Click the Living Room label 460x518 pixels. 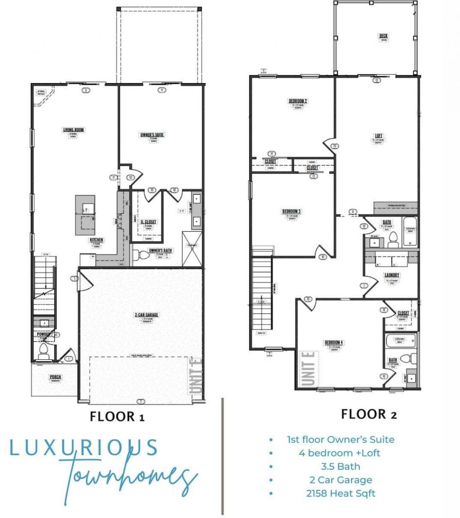click(x=73, y=130)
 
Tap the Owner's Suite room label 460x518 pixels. click(x=152, y=134)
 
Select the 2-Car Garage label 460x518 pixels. click(x=146, y=315)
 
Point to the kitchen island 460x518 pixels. click(x=85, y=215)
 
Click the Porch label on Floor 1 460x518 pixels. click(x=55, y=377)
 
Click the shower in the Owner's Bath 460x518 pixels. click(x=192, y=248)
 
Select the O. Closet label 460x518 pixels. click(x=148, y=222)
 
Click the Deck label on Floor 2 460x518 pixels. click(x=383, y=36)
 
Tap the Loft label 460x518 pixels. click(x=379, y=136)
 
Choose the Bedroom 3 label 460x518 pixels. click(x=291, y=211)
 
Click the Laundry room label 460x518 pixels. click(x=392, y=275)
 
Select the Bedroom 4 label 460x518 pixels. click(x=334, y=343)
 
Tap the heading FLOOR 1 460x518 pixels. click(x=117, y=416)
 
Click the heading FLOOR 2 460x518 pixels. click(x=369, y=414)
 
